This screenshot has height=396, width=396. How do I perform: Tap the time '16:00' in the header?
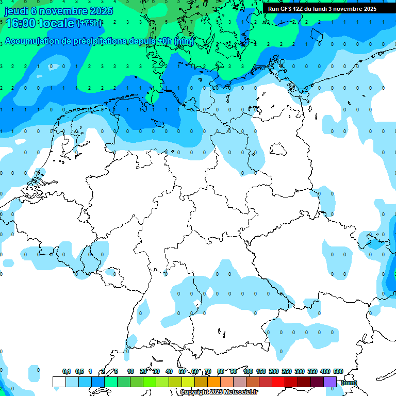[x=21, y=23]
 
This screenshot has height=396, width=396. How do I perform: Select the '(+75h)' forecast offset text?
[x=89, y=23]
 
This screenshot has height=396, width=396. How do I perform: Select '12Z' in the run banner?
[x=299, y=9]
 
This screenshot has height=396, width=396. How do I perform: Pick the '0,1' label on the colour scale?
[x=66, y=371]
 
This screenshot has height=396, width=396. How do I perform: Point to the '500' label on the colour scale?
[x=338, y=371]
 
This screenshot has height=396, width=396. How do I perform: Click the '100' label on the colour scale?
[x=247, y=371]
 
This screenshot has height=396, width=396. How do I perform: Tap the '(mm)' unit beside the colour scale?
[x=349, y=382]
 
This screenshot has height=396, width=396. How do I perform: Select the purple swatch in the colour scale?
[x=330, y=382]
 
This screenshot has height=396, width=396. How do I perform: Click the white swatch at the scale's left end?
[x=59, y=382]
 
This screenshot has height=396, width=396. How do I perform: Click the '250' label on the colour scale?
[x=287, y=371]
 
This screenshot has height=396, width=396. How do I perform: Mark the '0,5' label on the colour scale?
[x=79, y=371]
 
